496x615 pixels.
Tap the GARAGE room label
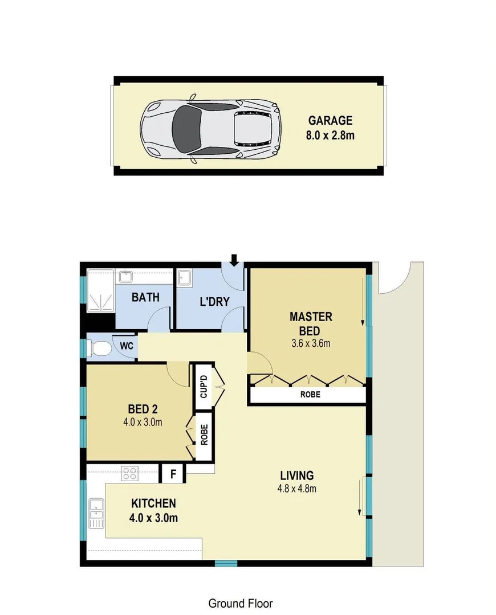pyautogui.click(x=330, y=121)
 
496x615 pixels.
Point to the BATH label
pyautogui.click(x=145, y=297)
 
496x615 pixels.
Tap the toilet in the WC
pyautogui.click(x=101, y=347)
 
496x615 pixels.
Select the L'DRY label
pyautogui.click(x=214, y=301)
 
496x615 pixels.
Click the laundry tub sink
pyautogui.click(x=184, y=278)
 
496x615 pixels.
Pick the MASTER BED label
pyautogui.click(x=311, y=323)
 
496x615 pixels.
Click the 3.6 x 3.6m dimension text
pyautogui.click(x=311, y=343)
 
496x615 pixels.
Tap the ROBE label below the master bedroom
pyautogui.click(x=311, y=394)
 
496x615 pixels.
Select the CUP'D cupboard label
pyautogui.click(x=203, y=386)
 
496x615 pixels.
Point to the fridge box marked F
pyautogui.click(x=173, y=473)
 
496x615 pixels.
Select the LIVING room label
pyautogui.click(x=296, y=475)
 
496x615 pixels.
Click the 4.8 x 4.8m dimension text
pyautogui.click(x=296, y=489)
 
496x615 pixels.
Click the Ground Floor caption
pyautogui.click(x=241, y=603)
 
